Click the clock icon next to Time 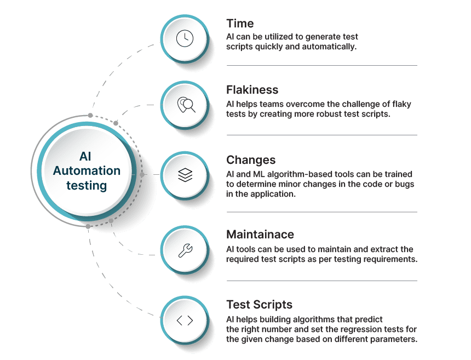pyautogui.click(x=185, y=38)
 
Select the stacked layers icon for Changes pyautogui.click(x=185, y=175)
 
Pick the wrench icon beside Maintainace pyautogui.click(x=185, y=251)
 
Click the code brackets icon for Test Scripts pyautogui.click(x=185, y=321)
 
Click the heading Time pyautogui.click(x=240, y=24)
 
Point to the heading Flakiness pyautogui.click(x=252, y=90)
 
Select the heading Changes pyautogui.click(x=250, y=160)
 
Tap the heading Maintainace pyautogui.click(x=260, y=235)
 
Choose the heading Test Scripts pyautogui.click(x=259, y=304)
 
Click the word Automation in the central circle pyautogui.click(x=87, y=170)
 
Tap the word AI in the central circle pyautogui.click(x=87, y=156)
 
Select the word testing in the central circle pyautogui.click(x=87, y=185)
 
